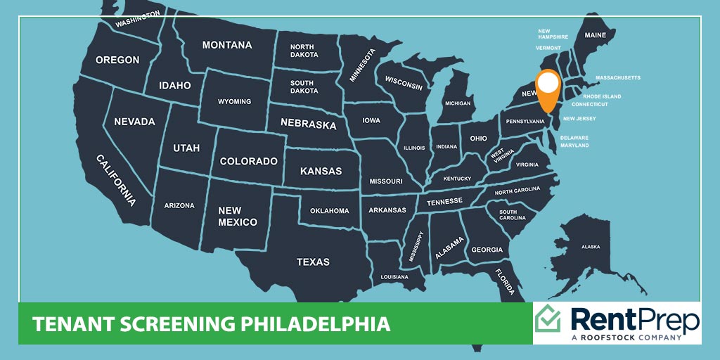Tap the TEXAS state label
tap(313, 262)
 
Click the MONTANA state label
tap(226, 45)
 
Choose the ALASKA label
tap(590, 247)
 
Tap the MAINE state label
tap(595, 35)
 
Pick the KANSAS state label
tap(321, 171)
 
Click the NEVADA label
tap(134, 122)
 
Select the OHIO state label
tap(478, 139)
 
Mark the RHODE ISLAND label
tap(602, 96)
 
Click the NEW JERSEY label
tap(579, 119)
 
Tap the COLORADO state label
tap(248, 161)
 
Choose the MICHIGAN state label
tap(457, 103)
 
